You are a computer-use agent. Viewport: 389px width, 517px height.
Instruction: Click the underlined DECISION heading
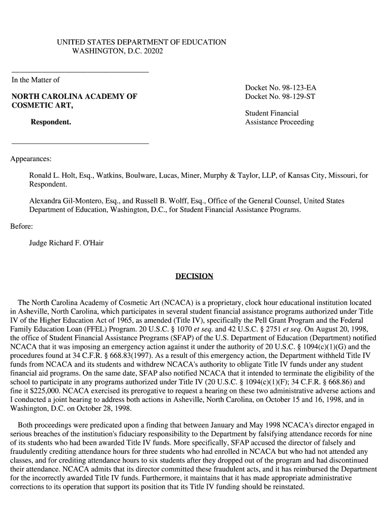click(194, 276)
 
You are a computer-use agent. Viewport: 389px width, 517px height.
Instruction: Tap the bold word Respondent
click(51, 122)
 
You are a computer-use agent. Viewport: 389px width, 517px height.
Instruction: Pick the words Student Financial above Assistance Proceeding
click(272, 113)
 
